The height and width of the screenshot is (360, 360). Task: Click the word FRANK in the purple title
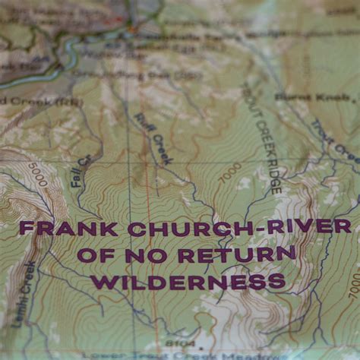tap(68, 229)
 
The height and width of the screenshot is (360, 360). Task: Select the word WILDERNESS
tap(188, 283)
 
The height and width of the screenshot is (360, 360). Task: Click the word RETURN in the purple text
tap(237, 254)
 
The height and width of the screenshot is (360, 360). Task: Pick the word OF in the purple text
tap(99, 255)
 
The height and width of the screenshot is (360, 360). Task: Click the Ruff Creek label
tap(153, 138)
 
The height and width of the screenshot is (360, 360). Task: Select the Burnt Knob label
tap(311, 96)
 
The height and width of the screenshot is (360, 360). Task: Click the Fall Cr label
tap(81, 170)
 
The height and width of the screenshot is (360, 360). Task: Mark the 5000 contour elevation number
tap(38, 175)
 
